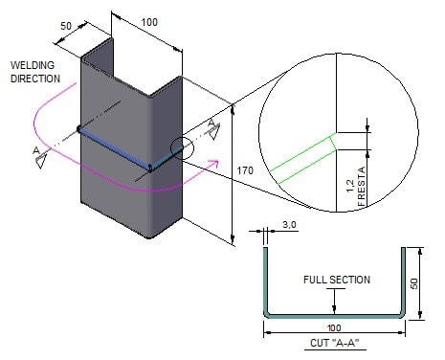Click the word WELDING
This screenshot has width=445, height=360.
pos(33,65)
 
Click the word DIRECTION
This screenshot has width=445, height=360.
pos(35,79)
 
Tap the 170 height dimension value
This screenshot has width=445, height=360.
pos(245,170)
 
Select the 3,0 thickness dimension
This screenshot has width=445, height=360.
pos(289,225)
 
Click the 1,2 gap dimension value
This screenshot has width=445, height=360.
pos(350,186)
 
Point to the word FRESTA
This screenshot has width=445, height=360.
pos(362,187)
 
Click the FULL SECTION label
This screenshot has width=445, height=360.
pos(337,280)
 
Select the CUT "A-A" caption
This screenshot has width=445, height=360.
pos(335,343)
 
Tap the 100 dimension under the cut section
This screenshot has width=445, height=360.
pos(334,327)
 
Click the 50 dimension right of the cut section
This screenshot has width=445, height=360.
pos(413,283)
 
